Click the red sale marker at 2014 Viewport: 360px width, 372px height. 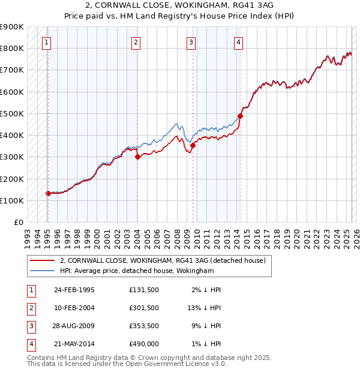[x=240, y=116]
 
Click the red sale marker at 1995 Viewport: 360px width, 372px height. [x=48, y=193]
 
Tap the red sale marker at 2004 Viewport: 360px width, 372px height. [x=137, y=157]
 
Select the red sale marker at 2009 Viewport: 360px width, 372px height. [x=193, y=145]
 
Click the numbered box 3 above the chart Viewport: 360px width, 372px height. [x=190, y=42]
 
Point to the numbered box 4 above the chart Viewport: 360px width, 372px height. [x=238, y=42]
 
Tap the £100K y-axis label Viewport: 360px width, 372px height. [x=12, y=200]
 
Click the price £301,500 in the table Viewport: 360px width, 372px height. [x=144, y=308]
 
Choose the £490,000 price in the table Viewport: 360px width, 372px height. [x=144, y=344]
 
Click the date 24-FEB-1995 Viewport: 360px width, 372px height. [x=74, y=290]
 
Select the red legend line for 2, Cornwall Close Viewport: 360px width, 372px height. [x=42, y=260]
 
